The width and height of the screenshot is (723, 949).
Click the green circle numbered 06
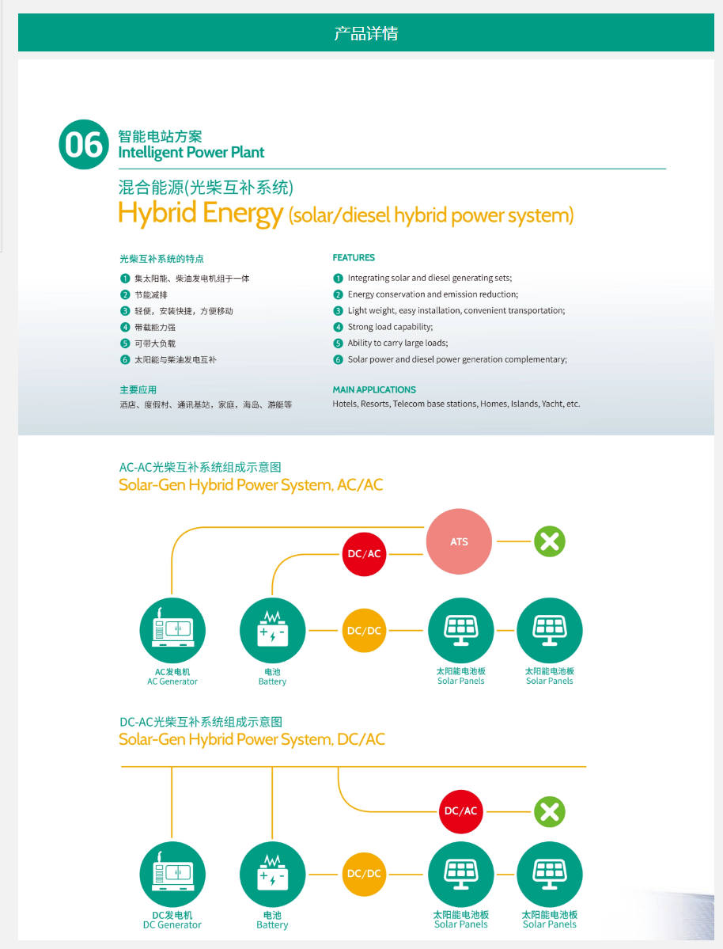[83, 145]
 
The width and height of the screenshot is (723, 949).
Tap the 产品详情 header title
[365, 33]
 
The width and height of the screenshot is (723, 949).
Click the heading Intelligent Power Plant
[191, 153]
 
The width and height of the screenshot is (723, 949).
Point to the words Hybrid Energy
[200, 213]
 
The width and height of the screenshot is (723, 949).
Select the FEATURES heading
[354, 257]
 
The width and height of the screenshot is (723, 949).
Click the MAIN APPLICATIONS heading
[374, 389]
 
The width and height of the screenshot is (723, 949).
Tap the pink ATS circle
[459, 542]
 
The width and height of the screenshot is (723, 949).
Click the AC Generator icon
[172, 631]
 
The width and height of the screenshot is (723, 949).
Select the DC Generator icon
[172, 874]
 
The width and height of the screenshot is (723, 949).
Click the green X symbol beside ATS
[550, 541]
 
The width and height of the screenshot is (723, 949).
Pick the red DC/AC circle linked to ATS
[364, 553]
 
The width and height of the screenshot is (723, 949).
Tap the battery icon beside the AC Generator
[272, 631]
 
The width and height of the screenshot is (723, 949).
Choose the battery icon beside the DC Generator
[272, 874]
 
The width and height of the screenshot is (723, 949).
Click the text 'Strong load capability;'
[390, 327]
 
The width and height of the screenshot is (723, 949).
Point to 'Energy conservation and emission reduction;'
[433, 294]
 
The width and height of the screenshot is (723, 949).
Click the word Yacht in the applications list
[552, 404]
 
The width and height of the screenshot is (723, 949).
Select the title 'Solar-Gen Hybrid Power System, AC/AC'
[251, 485]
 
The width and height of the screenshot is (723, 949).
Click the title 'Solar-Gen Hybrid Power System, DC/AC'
[252, 739]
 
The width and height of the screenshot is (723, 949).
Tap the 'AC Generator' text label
[172, 681]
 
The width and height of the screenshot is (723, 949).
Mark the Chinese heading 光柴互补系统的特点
[161, 258]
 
